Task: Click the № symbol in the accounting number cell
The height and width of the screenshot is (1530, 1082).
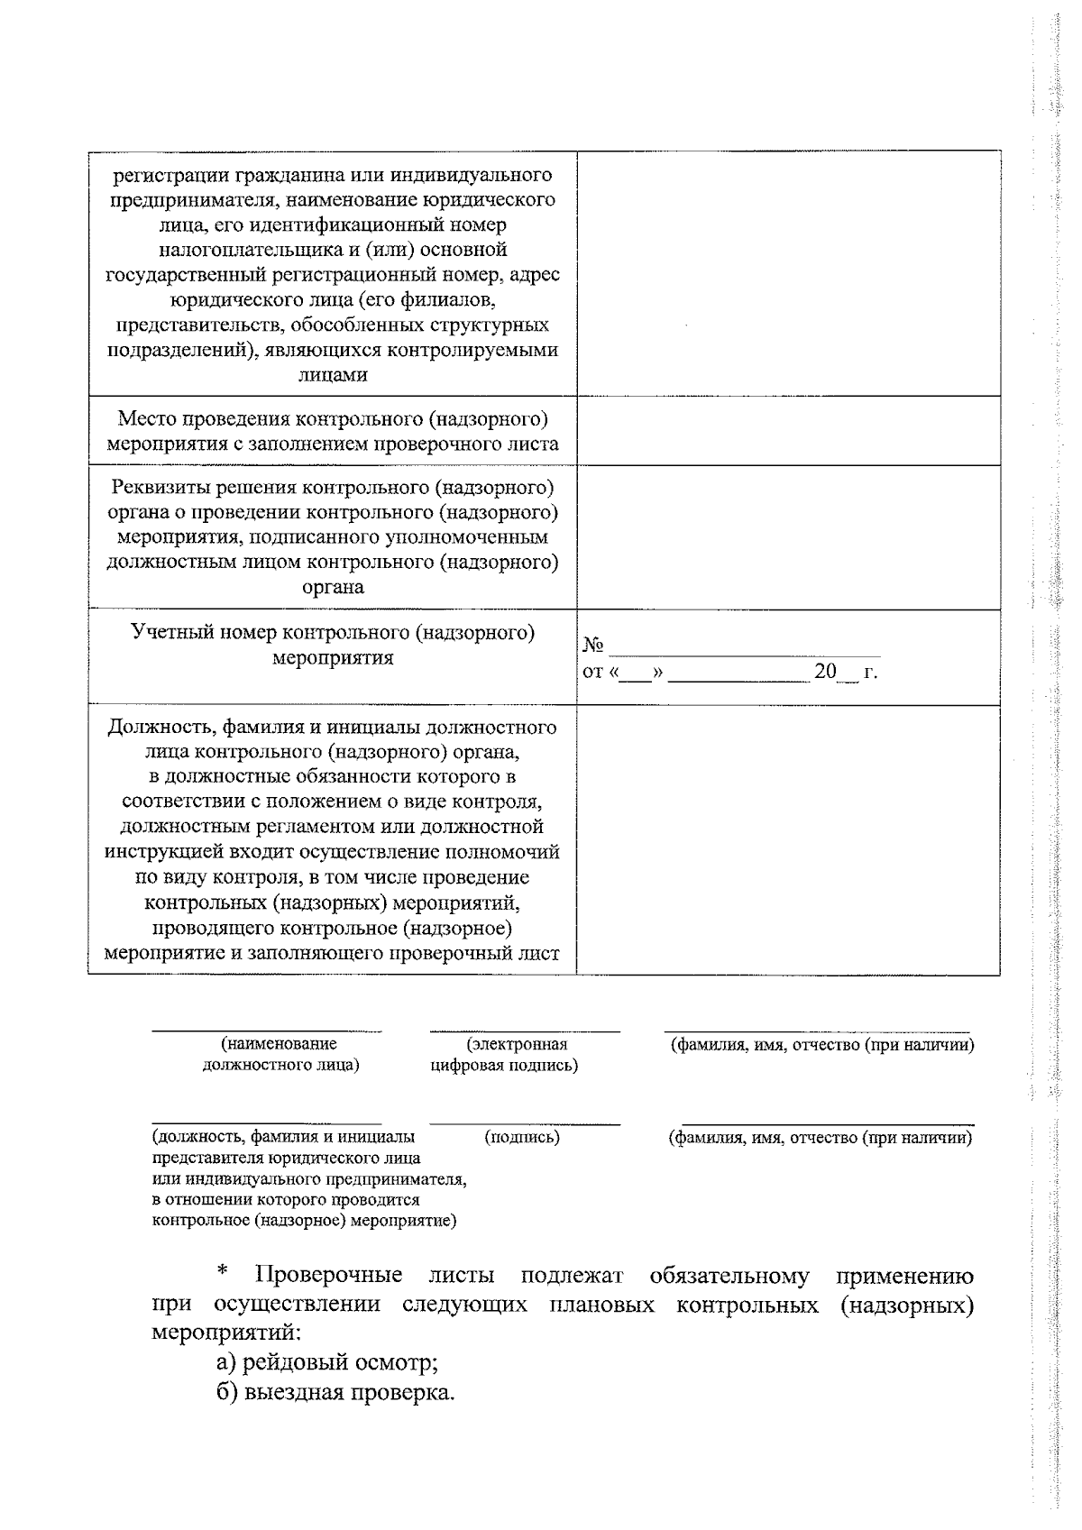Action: [x=593, y=646]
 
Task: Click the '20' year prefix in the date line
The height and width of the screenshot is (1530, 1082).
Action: [x=825, y=672]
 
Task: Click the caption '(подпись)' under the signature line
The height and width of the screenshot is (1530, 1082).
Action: [x=523, y=1138]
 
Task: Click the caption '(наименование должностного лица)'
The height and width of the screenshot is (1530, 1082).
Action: [x=280, y=1055]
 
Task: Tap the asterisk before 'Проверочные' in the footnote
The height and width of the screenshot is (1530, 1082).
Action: [x=222, y=1275]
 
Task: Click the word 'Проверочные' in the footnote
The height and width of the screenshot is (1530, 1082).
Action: [x=329, y=1277]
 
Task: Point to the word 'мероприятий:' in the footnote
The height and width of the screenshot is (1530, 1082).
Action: [x=225, y=1333]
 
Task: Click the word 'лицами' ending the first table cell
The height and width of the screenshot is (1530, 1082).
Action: [x=333, y=375]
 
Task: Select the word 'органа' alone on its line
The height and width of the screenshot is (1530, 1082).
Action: [x=333, y=587]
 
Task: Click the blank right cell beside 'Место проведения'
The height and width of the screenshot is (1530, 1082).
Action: [x=788, y=431]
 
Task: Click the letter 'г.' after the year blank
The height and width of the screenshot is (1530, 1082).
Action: [x=870, y=673]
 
